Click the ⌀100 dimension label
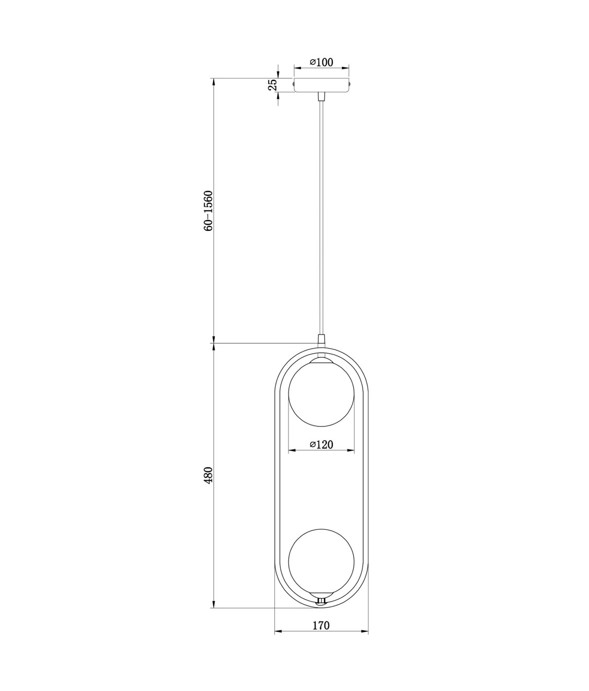click(x=321, y=62)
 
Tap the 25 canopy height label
click(x=273, y=85)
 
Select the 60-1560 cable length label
click(x=208, y=211)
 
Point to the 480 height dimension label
click(x=208, y=475)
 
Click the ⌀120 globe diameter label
click(x=321, y=444)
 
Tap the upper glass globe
click(x=321, y=393)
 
